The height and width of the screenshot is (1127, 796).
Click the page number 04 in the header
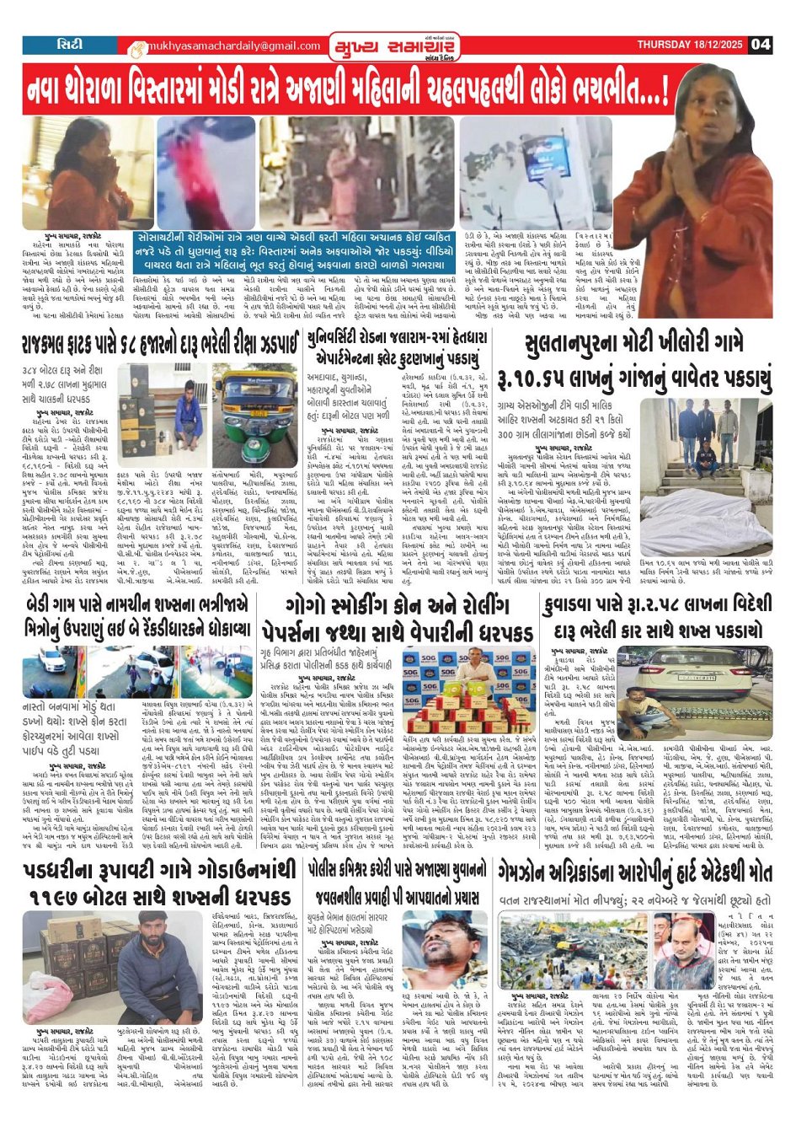(761, 44)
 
